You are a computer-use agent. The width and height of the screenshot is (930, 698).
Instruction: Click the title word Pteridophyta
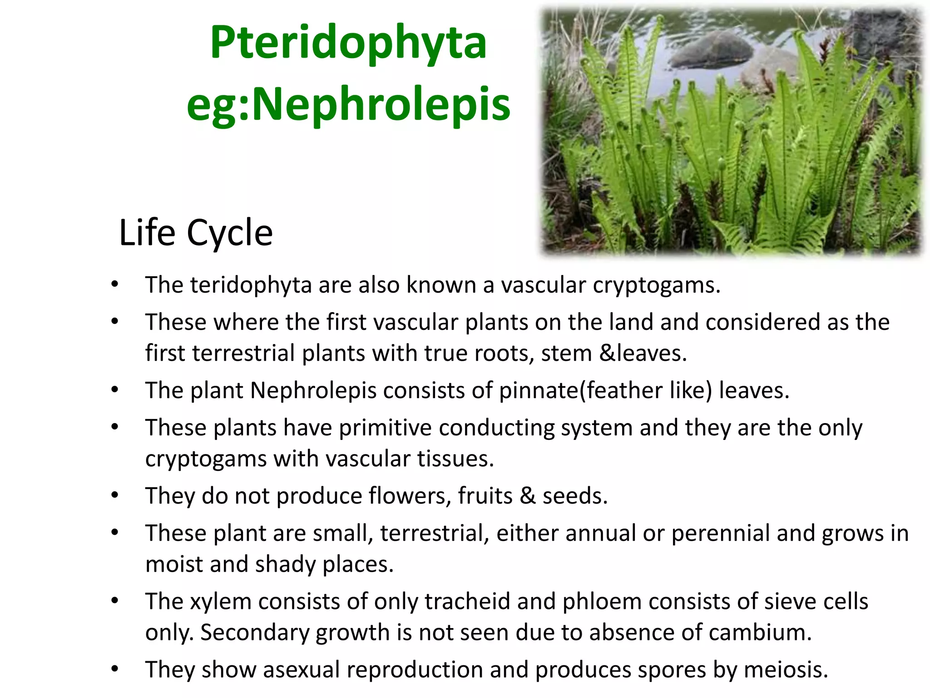(348, 43)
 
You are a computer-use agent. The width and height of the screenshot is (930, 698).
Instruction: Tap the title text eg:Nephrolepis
(348, 105)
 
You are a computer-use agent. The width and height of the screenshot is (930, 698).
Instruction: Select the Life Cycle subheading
(196, 233)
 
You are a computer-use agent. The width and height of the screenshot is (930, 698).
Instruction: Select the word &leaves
(643, 354)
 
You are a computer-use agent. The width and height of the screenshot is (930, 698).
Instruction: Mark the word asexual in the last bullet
(301, 670)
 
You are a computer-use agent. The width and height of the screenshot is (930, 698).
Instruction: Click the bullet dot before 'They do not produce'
(115, 495)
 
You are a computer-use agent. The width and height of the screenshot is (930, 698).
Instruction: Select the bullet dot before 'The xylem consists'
(115, 601)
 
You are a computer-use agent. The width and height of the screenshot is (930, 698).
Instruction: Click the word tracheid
(467, 602)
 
